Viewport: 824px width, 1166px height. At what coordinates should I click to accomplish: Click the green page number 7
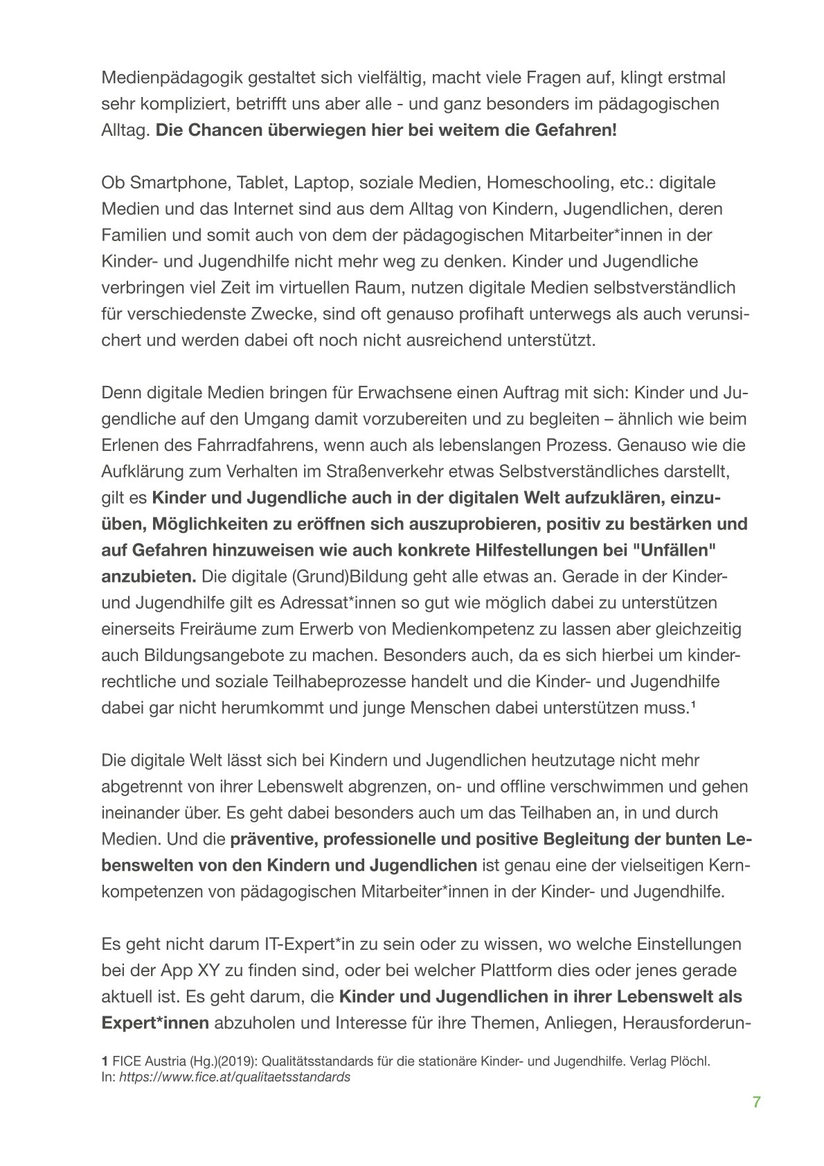click(x=757, y=1102)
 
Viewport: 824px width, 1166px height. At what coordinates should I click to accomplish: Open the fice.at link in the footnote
click(x=235, y=1078)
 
